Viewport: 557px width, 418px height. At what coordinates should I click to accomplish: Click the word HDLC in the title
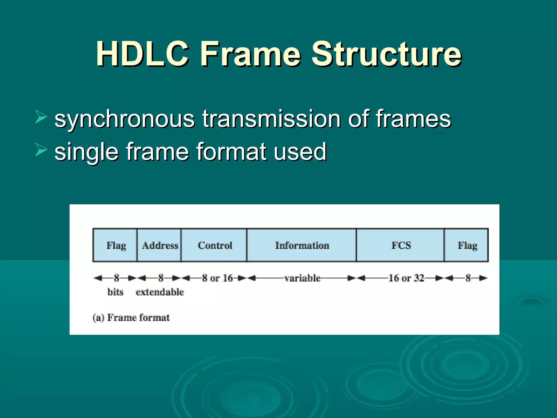(x=142, y=54)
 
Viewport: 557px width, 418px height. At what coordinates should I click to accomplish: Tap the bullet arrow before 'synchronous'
(x=41, y=117)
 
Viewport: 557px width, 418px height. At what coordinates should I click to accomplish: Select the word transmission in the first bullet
(x=271, y=119)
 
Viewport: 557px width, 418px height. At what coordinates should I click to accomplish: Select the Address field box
(x=159, y=245)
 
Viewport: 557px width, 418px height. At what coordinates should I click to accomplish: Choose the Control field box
(x=214, y=245)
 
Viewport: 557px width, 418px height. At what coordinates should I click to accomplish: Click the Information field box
(x=302, y=245)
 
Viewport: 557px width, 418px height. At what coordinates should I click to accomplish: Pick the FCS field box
(x=401, y=245)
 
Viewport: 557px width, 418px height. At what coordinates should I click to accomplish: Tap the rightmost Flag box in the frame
(x=467, y=245)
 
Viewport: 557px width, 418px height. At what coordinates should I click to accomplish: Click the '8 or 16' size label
(x=217, y=278)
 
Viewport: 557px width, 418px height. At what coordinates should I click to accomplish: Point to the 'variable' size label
(x=302, y=278)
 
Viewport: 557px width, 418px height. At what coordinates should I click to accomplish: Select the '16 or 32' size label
(x=406, y=278)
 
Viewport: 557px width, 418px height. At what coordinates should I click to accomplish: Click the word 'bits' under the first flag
(x=115, y=292)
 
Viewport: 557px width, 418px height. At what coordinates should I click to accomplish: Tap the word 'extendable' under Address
(x=160, y=292)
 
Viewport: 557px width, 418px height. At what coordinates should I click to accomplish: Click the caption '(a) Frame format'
(x=131, y=318)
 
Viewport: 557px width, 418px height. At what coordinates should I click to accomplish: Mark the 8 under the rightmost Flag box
(x=468, y=278)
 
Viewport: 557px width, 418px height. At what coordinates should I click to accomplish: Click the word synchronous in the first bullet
(x=125, y=119)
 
